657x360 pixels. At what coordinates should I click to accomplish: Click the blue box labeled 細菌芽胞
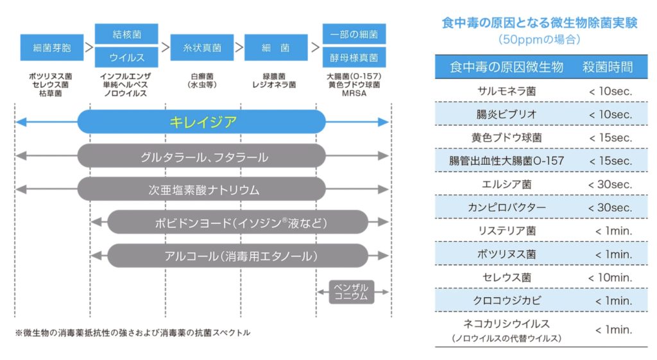(x=52, y=47)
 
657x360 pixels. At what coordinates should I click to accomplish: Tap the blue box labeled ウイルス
(x=126, y=58)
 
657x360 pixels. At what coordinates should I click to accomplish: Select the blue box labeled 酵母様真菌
(x=354, y=58)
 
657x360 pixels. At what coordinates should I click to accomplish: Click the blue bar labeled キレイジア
(x=202, y=122)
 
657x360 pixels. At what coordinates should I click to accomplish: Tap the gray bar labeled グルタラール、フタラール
(x=202, y=156)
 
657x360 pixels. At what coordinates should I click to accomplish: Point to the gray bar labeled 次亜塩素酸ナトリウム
(x=202, y=189)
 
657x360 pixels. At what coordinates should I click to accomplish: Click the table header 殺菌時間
(x=608, y=67)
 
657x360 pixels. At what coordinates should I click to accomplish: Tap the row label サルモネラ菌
(x=506, y=91)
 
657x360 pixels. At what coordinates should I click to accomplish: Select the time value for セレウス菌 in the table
(x=610, y=277)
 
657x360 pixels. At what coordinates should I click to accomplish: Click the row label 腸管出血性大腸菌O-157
(x=506, y=161)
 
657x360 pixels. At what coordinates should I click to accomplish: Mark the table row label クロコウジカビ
(x=506, y=300)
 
